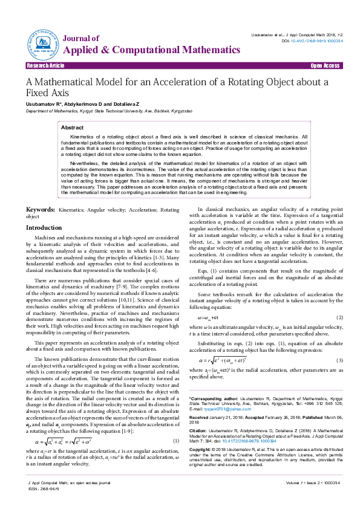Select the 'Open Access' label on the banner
point(325,65)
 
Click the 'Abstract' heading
point(73,128)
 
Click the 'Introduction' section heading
point(44,227)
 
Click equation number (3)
point(339,360)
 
